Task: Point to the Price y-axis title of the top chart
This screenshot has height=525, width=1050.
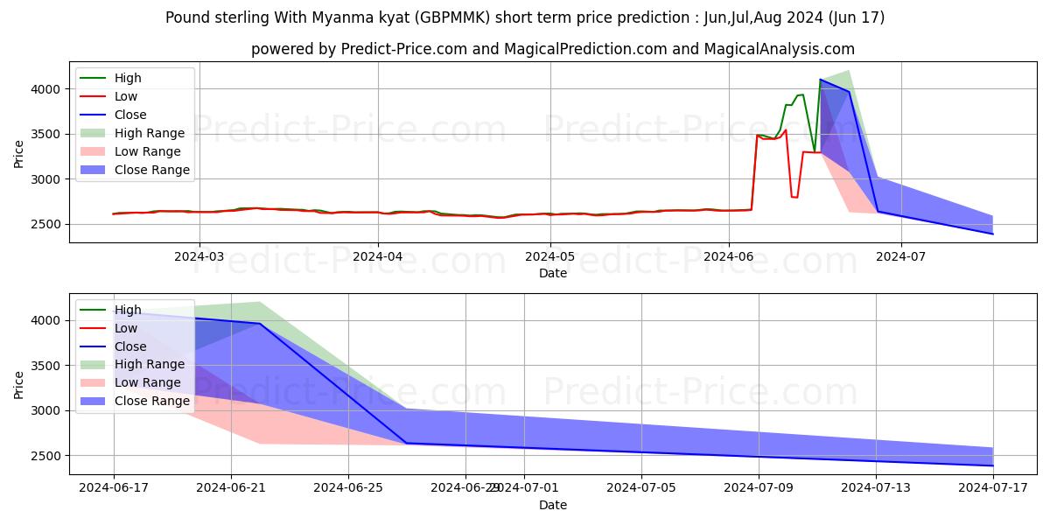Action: pos(19,152)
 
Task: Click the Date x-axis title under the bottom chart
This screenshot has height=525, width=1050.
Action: pos(553,505)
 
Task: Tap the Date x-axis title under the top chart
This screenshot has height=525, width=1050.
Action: pos(553,273)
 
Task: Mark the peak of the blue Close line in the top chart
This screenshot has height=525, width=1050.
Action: pos(820,80)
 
